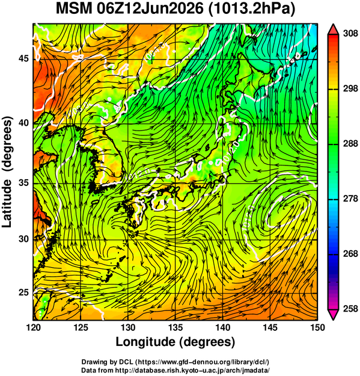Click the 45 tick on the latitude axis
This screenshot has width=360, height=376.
click(x=23, y=58)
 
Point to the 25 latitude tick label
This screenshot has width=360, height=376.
click(x=23, y=292)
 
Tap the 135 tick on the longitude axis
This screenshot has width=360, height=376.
click(x=176, y=327)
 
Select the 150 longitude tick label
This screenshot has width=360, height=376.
click(x=317, y=327)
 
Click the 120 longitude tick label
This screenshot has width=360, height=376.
click(x=33, y=327)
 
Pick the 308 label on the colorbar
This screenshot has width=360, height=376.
click(x=350, y=34)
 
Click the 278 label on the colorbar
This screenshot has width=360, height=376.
click(x=350, y=199)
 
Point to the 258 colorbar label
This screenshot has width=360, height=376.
click(x=350, y=309)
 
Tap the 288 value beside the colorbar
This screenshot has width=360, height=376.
click(x=350, y=144)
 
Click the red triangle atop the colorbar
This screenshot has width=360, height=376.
click(x=333, y=29)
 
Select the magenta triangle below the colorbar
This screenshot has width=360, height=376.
click(x=333, y=315)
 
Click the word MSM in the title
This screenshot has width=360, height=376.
click(x=74, y=9)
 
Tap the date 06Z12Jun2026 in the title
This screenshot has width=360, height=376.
click(x=150, y=9)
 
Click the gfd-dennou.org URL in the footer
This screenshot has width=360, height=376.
click(x=203, y=362)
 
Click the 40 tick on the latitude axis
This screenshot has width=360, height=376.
click(x=23, y=123)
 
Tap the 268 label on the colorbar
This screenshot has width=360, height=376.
click(x=350, y=254)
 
